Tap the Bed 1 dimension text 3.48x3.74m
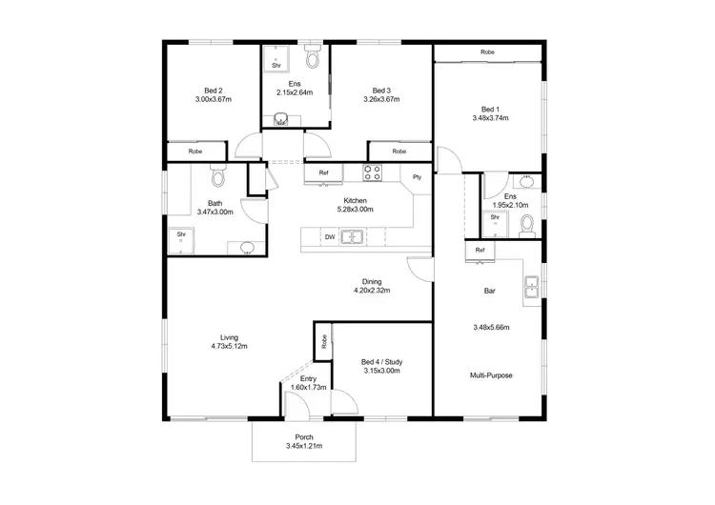point(489,119)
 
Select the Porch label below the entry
point(304,437)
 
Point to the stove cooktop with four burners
point(372,172)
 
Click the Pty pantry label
point(417,177)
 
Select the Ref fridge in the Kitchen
point(323,172)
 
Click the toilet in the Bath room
point(216,176)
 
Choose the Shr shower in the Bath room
point(180,239)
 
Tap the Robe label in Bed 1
point(487,51)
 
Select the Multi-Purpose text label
point(490,375)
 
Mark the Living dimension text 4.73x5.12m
point(228,347)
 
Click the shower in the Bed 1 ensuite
point(495,222)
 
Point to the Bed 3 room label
point(381,90)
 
